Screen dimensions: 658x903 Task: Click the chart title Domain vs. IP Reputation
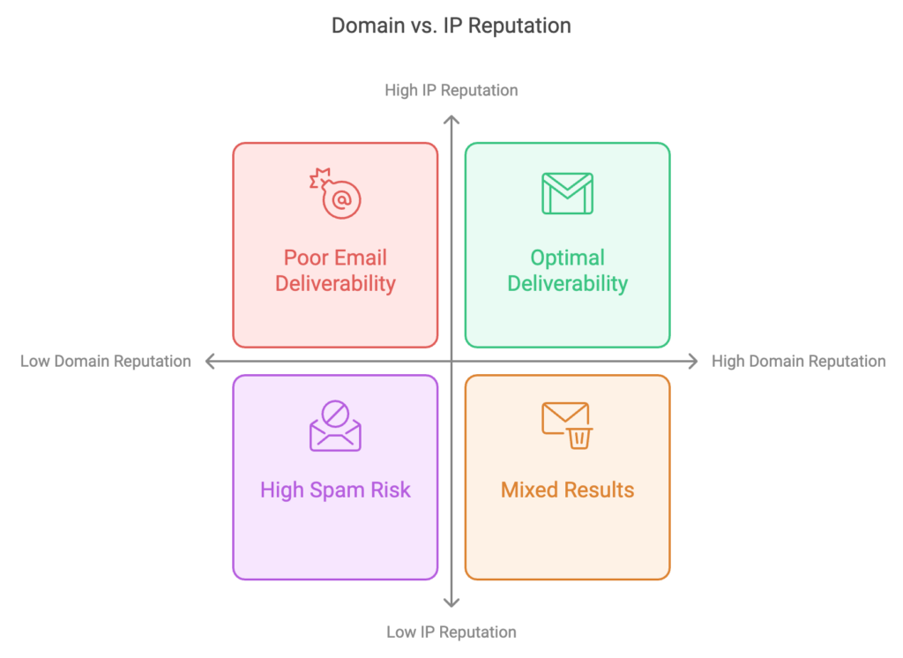pyautogui.click(x=451, y=26)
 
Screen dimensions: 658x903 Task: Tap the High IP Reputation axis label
pyautogui.click(x=451, y=90)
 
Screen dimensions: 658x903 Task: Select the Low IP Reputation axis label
pyautogui.click(x=451, y=632)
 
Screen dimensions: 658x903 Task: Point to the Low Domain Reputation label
pyautogui.click(x=106, y=361)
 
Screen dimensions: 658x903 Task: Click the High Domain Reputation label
pyautogui.click(x=798, y=361)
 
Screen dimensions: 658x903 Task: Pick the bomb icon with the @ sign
pyautogui.click(x=336, y=194)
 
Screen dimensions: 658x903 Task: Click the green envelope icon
pyautogui.click(x=567, y=193)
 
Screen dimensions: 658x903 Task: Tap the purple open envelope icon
pyautogui.click(x=335, y=427)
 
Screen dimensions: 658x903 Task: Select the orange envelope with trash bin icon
pyautogui.click(x=567, y=425)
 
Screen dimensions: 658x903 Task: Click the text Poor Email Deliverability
pyautogui.click(x=335, y=271)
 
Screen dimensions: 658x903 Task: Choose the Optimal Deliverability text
pyautogui.click(x=567, y=271)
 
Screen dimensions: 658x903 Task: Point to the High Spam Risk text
pyautogui.click(x=335, y=490)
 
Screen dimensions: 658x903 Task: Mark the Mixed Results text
pyautogui.click(x=567, y=490)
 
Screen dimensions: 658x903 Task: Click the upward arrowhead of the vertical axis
pyautogui.click(x=451, y=118)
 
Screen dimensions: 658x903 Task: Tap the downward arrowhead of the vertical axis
pyautogui.click(x=451, y=603)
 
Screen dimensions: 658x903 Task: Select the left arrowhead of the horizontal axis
pyautogui.click(x=209, y=361)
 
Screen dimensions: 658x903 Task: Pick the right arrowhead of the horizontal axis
pyautogui.click(x=694, y=361)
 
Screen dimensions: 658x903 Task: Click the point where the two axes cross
pyautogui.click(x=451, y=361)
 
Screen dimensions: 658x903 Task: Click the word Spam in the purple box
pyautogui.click(x=333, y=490)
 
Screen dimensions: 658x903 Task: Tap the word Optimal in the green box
pyautogui.click(x=567, y=258)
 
